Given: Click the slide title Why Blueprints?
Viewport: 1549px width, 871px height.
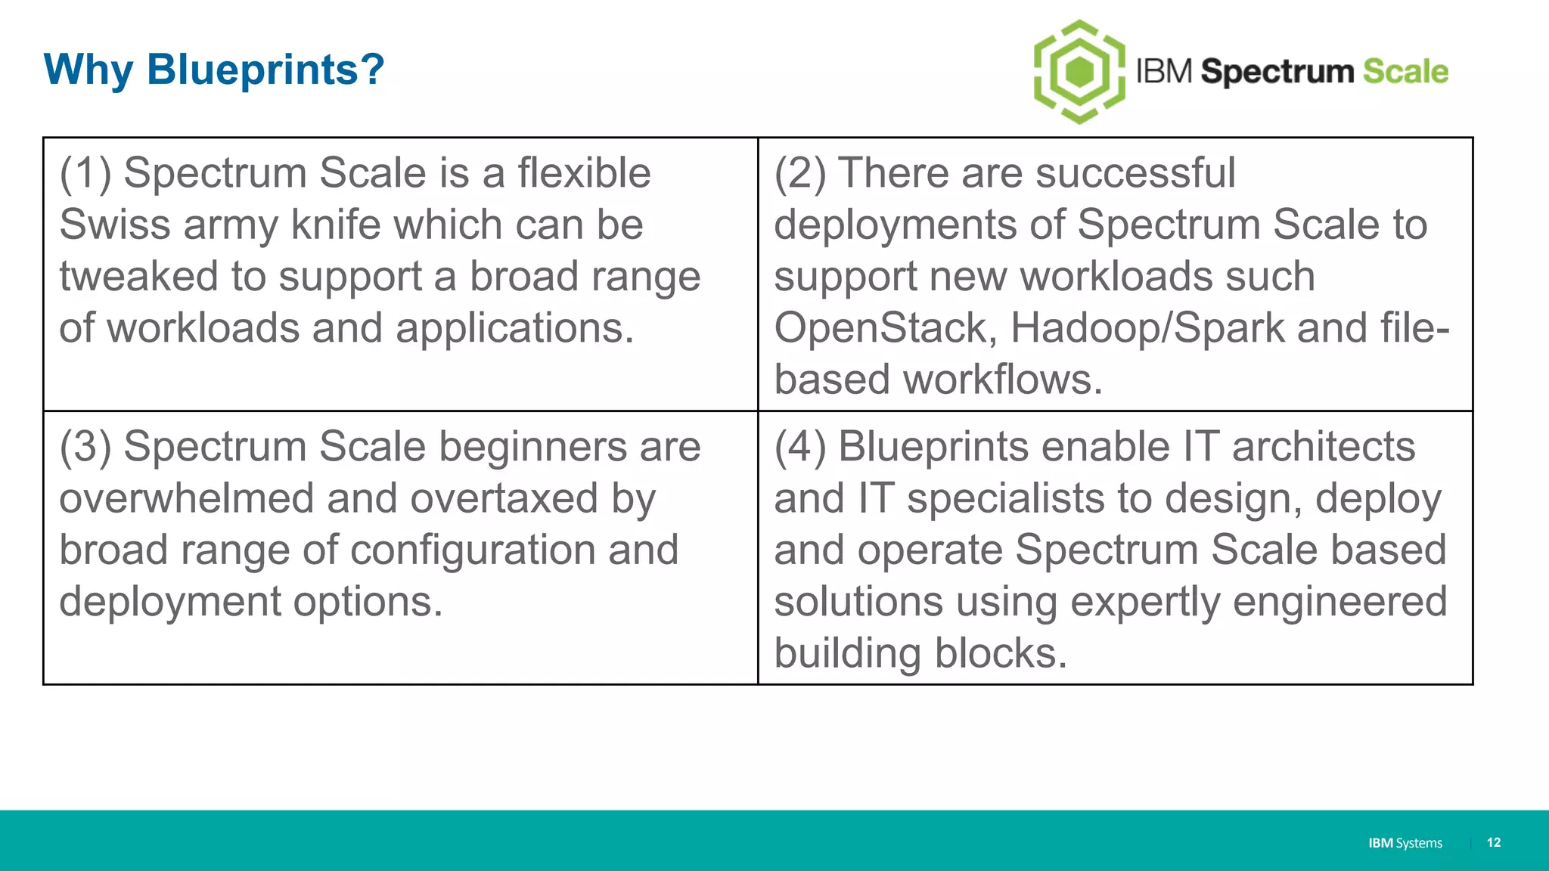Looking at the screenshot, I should tap(214, 70).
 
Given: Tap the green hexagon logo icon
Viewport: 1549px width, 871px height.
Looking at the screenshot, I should tap(1079, 72).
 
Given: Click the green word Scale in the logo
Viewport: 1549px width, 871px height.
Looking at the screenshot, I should tap(1405, 71).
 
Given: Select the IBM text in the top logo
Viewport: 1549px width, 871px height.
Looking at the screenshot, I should tap(1165, 71).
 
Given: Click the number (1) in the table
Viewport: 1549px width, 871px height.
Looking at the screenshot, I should tap(85, 173).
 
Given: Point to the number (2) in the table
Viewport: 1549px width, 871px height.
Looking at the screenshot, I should tap(800, 173).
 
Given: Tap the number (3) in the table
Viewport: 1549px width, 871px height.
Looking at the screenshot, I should tap(85, 447).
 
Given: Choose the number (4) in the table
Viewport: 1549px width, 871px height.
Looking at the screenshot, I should tap(800, 447).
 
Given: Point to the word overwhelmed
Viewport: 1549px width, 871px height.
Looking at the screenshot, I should tap(186, 499).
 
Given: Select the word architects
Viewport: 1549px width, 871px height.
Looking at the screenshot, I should tap(1323, 447).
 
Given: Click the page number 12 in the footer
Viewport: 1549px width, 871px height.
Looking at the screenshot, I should tap(1493, 842).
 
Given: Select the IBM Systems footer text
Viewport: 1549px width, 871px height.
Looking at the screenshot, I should tap(1405, 843).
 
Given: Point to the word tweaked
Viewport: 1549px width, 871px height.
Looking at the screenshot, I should tap(139, 277).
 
